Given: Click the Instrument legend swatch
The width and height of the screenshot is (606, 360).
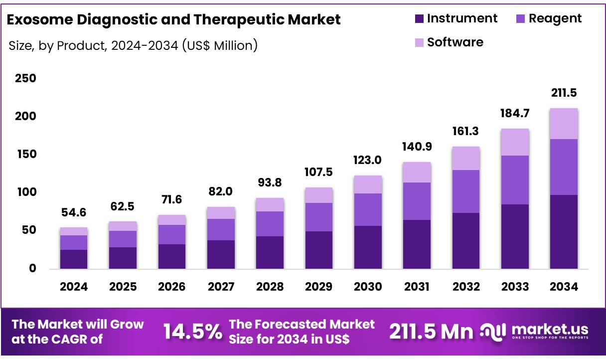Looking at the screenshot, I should (419, 19).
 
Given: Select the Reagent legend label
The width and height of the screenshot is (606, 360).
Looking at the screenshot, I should (555, 18).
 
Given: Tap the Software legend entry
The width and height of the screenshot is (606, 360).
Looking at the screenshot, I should (454, 42).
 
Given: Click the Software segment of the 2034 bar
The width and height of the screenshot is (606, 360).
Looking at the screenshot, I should (564, 124).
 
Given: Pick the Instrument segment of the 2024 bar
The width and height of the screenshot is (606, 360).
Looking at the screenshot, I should (74, 259).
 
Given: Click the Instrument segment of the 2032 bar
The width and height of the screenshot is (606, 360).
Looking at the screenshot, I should (466, 240).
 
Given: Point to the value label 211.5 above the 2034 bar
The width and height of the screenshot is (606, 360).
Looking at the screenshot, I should (564, 93).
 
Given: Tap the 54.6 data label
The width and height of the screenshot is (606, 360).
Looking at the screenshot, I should (74, 212).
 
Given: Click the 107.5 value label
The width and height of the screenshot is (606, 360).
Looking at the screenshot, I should (319, 172).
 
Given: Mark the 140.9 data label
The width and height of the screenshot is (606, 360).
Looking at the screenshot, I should (417, 147).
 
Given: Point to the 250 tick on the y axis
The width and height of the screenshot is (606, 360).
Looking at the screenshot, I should (25, 79).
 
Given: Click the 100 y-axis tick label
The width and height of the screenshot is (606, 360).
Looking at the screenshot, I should (25, 192).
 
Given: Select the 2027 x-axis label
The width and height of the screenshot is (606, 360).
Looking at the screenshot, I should (221, 287).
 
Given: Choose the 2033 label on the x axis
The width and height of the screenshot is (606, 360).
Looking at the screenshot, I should (515, 287).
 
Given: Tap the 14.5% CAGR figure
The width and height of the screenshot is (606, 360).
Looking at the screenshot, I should (193, 331).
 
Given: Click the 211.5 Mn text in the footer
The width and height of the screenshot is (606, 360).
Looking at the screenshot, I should (431, 331).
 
